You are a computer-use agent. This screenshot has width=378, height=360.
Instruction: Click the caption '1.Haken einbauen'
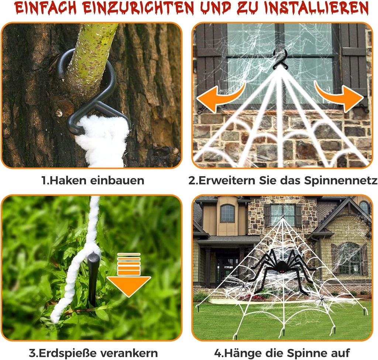click(x=92, y=180)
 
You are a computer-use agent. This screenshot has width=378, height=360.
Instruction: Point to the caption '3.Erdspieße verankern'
click(x=93, y=353)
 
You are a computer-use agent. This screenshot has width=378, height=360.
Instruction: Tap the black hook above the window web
click(x=281, y=60)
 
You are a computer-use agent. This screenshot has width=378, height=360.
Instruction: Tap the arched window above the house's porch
click(x=227, y=213)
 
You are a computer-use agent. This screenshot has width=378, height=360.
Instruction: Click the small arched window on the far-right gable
click(x=364, y=207)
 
